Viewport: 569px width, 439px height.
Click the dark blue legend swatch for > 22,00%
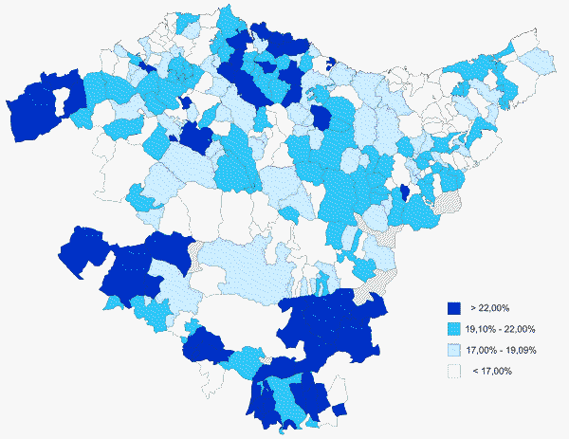(454, 308)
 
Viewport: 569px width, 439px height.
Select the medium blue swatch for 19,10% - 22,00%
(454, 329)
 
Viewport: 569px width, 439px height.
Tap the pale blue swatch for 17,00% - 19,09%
(454, 350)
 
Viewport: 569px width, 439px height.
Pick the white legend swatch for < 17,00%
(454, 371)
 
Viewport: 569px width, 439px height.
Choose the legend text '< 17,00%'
(491, 371)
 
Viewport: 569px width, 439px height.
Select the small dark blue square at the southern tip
(339, 409)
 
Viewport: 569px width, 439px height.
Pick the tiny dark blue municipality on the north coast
(331, 64)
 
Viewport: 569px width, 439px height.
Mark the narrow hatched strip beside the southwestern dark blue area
(195, 256)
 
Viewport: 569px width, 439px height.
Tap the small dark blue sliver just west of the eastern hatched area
(405, 193)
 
